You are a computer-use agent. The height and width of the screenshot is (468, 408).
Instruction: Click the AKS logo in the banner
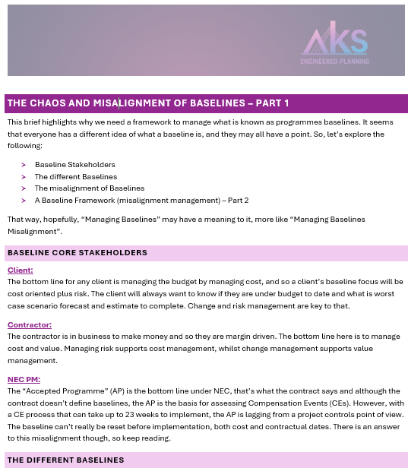[x=334, y=41]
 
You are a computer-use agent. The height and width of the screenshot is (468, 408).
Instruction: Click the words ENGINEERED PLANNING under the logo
[x=334, y=61]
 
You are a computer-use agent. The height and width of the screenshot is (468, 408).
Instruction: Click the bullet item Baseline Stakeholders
[x=75, y=164]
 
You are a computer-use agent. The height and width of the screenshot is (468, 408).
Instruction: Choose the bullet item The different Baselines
[x=76, y=176]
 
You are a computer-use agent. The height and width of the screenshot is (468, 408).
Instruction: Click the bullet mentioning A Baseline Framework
[x=141, y=200]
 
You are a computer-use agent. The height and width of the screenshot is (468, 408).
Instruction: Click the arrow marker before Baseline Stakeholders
[x=24, y=164]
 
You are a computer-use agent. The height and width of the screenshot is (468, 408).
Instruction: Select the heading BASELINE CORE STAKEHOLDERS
[x=77, y=252]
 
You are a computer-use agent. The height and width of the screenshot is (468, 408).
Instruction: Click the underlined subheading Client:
[x=21, y=270]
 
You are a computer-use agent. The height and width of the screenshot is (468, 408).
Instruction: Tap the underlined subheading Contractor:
[x=30, y=324]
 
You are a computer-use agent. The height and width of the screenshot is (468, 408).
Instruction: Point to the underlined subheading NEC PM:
[x=24, y=379]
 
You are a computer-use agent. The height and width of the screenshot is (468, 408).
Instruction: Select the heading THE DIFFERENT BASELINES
[x=65, y=460]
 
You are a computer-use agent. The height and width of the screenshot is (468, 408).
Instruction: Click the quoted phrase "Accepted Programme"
[x=59, y=391]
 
